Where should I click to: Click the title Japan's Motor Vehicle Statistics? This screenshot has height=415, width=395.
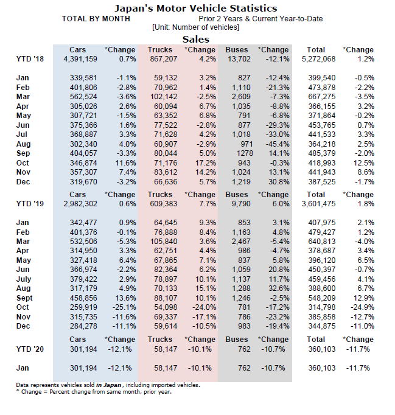(196, 9)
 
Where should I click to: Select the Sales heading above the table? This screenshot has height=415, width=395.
(196, 39)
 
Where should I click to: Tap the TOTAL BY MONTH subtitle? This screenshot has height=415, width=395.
(96, 19)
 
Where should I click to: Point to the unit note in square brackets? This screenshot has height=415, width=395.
(195, 27)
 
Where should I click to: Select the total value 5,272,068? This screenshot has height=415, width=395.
(318, 59)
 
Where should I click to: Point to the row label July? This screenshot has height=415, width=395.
(25, 280)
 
